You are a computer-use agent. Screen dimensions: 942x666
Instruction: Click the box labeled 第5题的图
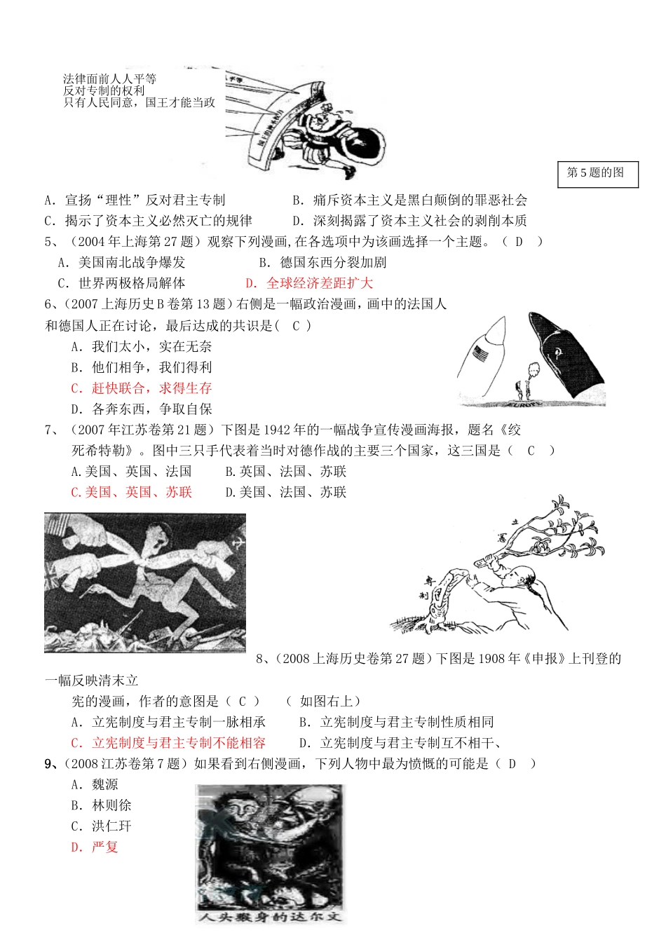(x=597, y=174)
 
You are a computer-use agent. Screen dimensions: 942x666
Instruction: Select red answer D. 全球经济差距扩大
(x=309, y=283)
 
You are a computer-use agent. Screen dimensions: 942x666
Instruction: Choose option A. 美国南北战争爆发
(x=121, y=263)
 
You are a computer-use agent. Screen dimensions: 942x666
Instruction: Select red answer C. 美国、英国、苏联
(x=131, y=493)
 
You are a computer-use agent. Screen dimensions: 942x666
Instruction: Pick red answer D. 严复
(x=95, y=847)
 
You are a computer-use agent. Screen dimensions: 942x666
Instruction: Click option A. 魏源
(x=95, y=785)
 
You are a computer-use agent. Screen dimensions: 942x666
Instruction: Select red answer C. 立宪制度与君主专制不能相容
(x=168, y=743)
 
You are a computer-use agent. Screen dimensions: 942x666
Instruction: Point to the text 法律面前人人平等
(x=109, y=79)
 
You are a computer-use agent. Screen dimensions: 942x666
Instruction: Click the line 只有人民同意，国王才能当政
(x=139, y=102)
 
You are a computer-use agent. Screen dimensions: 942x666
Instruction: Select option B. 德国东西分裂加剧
(x=322, y=263)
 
